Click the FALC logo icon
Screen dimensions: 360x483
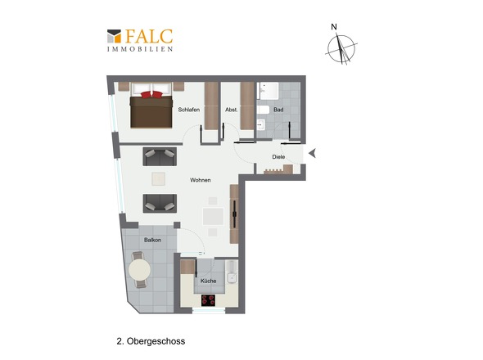click(x=114, y=36)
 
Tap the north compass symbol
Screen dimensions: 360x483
click(x=341, y=47)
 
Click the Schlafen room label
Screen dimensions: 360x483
click(x=189, y=110)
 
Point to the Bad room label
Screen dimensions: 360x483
click(x=278, y=110)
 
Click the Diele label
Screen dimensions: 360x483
click(x=278, y=156)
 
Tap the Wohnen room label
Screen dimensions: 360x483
click(x=201, y=180)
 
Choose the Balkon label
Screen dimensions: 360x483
click(x=152, y=240)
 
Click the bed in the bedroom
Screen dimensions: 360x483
click(x=151, y=110)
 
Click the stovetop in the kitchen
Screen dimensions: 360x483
click(x=209, y=299)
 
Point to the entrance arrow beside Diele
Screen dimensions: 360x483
click(x=311, y=153)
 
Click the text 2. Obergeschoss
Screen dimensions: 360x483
click(x=145, y=336)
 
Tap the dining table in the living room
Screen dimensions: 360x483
click(x=213, y=217)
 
